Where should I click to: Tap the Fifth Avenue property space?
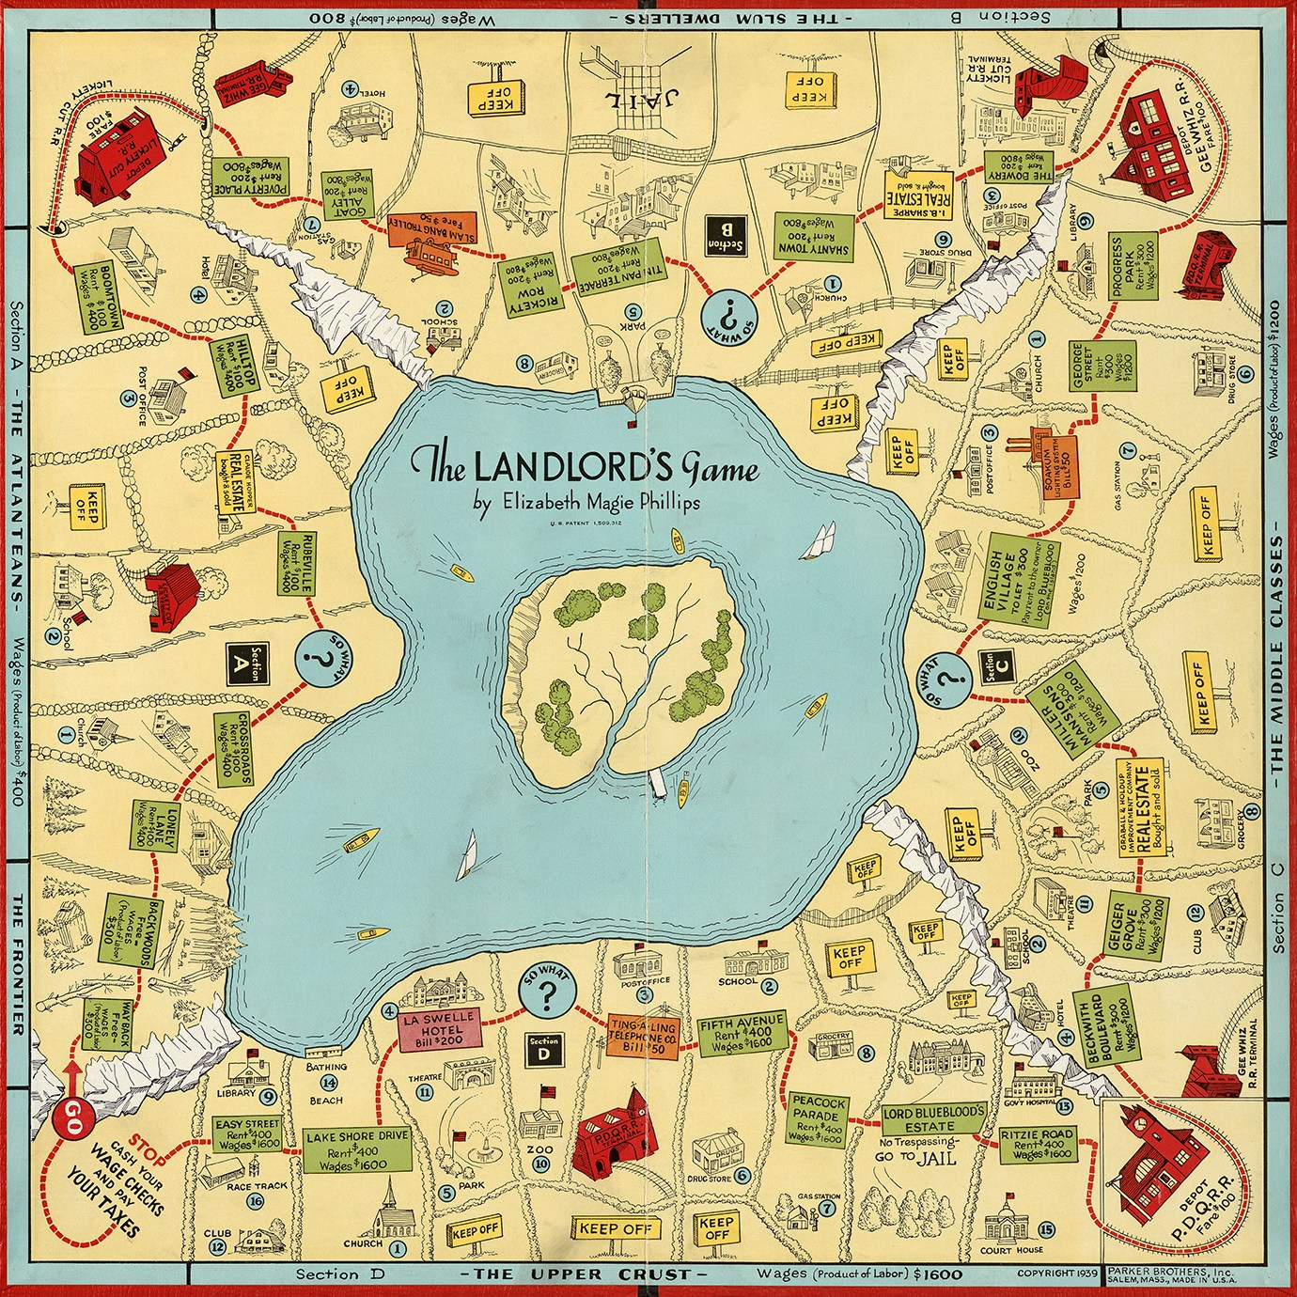pos(742,1034)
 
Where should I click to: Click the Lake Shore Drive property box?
pos(357,1149)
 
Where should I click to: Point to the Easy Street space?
pos(247,1134)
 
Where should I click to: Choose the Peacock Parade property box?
pos(820,1118)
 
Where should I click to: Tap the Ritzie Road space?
pos(1037,1144)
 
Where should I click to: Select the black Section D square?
pos(543,1048)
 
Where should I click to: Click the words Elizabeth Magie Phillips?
pos(586,502)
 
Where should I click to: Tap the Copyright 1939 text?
pos(1057,1274)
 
